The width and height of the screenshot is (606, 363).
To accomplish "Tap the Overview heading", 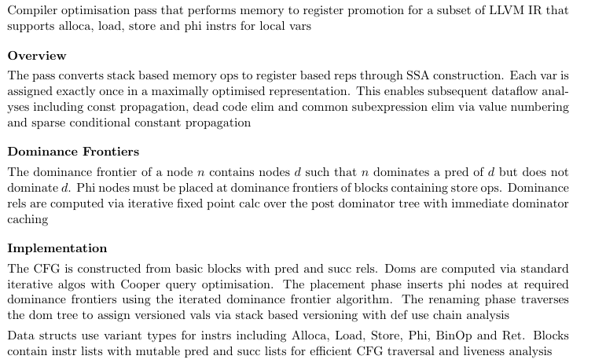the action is click(x=37, y=56).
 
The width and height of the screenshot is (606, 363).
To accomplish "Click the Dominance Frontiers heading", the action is click(x=73, y=152).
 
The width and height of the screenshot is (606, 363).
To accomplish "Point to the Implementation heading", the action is click(x=57, y=248).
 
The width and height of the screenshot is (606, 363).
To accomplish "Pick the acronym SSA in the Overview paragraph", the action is click(x=417, y=75).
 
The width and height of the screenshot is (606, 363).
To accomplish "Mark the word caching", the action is click(x=28, y=219).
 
